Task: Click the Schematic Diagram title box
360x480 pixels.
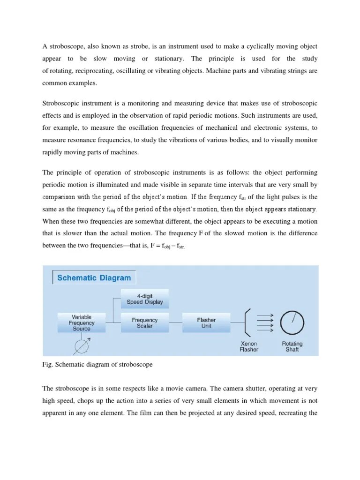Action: click(94, 277)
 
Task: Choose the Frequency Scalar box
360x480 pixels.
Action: click(145, 323)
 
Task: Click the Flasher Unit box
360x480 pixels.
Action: click(206, 323)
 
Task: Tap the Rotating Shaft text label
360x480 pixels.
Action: click(292, 346)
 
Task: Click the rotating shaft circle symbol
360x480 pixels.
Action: click(292, 322)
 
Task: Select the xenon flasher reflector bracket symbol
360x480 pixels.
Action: click(248, 322)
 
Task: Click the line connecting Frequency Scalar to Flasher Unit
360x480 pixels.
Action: click(176, 323)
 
